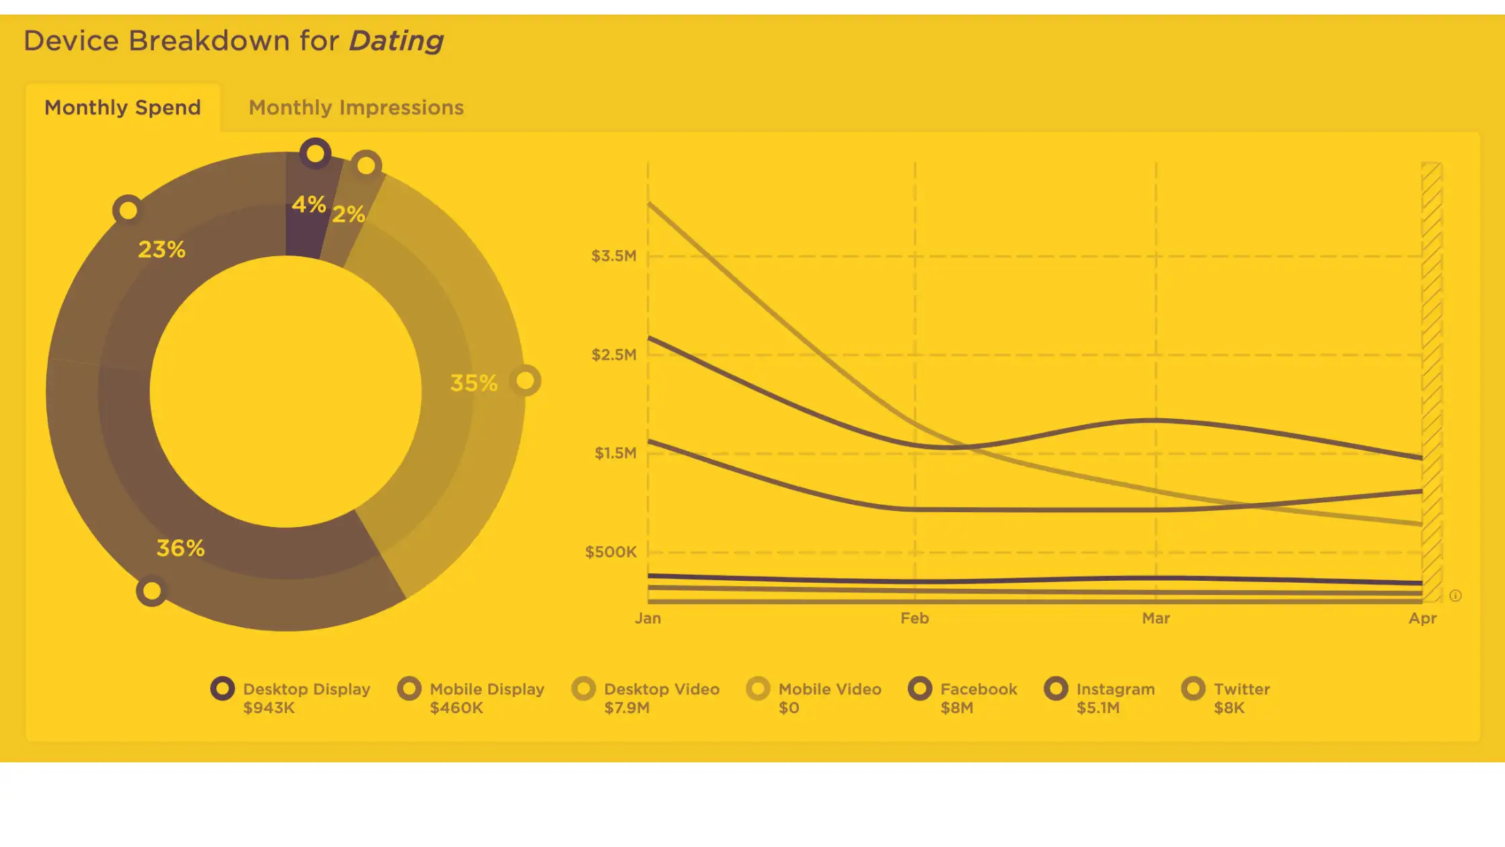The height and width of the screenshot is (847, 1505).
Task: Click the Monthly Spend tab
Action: (x=122, y=108)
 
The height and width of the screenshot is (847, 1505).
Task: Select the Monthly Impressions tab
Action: (x=356, y=108)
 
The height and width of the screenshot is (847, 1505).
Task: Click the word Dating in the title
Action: (x=396, y=42)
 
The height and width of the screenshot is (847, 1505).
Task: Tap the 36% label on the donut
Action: (x=180, y=548)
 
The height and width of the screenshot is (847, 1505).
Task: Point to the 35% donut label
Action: (x=474, y=383)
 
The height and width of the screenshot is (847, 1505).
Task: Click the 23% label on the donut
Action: (x=161, y=249)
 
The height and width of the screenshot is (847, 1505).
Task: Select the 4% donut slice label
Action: (x=308, y=204)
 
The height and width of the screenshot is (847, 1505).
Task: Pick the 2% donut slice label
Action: (x=349, y=214)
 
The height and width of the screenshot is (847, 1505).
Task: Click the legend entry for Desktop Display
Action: (x=290, y=698)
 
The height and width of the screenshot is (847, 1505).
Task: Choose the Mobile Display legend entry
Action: (x=471, y=698)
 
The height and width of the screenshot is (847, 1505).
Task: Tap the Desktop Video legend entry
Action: (x=646, y=698)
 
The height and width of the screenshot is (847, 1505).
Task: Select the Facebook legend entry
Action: (x=963, y=698)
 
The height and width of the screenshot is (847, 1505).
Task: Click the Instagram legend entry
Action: (x=1100, y=698)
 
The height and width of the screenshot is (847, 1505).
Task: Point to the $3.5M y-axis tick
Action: (x=613, y=256)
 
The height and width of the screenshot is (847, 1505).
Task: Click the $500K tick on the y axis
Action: (x=611, y=552)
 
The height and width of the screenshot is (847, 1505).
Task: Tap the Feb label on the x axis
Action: (x=914, y=618)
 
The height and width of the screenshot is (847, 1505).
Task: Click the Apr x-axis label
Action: (x=1422, y=618)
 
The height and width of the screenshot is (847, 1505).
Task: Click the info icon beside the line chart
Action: (x=1455, y=596)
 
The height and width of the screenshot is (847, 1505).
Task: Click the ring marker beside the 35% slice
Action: (x=525, y=380)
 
